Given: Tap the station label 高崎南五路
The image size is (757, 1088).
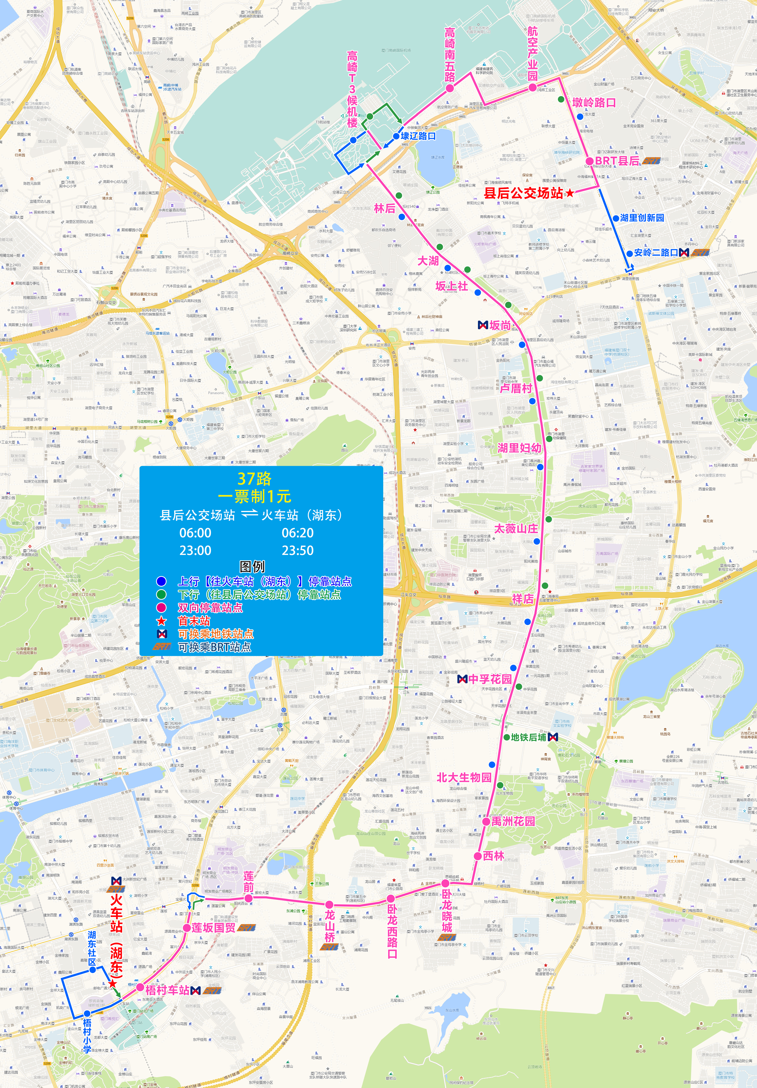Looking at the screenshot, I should pos(450,55).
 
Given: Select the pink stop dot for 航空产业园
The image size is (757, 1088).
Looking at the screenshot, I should pos(533,87).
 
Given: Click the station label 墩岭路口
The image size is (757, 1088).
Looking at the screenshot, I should pos(594,102).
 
